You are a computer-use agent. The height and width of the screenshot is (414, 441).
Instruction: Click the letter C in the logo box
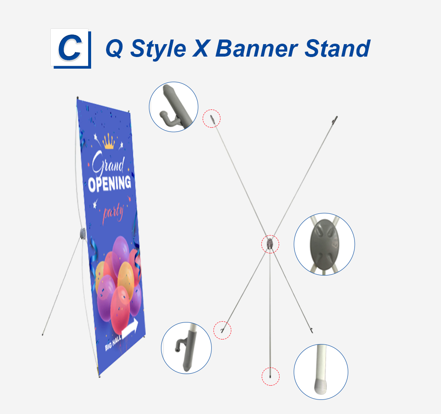(x=70, y=48)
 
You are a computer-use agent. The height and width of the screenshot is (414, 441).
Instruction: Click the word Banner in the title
(x=256, y=48)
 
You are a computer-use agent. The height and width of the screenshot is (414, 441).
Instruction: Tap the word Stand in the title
(x=337, y=48)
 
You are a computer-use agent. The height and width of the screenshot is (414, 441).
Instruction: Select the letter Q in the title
(x=114, y=49)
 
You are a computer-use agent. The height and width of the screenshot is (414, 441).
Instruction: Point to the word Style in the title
(x=158, y=50)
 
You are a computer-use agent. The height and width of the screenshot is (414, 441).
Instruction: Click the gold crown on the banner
(x=109, y=141)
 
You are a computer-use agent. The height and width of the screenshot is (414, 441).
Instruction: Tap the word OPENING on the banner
(x=109, y=183)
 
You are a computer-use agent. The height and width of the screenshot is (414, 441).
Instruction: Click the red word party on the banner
(x=113, y=212)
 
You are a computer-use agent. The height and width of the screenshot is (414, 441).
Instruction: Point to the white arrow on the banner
(x=130, y=328)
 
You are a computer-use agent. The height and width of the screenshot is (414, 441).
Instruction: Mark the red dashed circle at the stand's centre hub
(x=270, y=244)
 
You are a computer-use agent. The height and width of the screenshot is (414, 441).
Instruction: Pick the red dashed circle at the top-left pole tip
(x=211, y=119)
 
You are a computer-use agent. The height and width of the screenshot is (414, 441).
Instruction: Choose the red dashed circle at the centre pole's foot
(x=270, y=376)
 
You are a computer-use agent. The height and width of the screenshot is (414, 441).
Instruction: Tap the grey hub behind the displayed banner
(x=83, y=234)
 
